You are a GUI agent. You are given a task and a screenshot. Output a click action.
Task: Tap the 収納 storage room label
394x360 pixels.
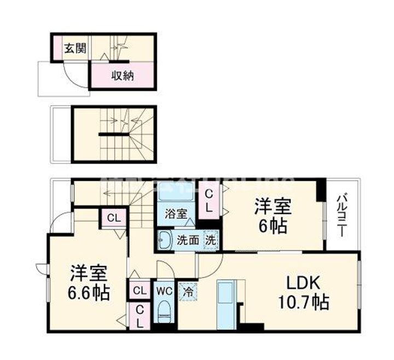tap(123, 76)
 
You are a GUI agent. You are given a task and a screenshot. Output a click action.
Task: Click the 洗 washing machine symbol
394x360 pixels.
tap(210, 239)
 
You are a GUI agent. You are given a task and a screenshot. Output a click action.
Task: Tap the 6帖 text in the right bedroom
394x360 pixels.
tap(272, 225)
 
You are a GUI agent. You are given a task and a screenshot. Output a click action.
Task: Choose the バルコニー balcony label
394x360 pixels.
tap(341, 214)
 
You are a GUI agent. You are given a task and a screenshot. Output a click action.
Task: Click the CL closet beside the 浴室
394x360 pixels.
tap(209, 201)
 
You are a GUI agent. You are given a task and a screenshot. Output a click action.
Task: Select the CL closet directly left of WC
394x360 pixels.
tap(139, 290)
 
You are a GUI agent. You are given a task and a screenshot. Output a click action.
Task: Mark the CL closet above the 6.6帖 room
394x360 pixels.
tap(113, 218)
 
